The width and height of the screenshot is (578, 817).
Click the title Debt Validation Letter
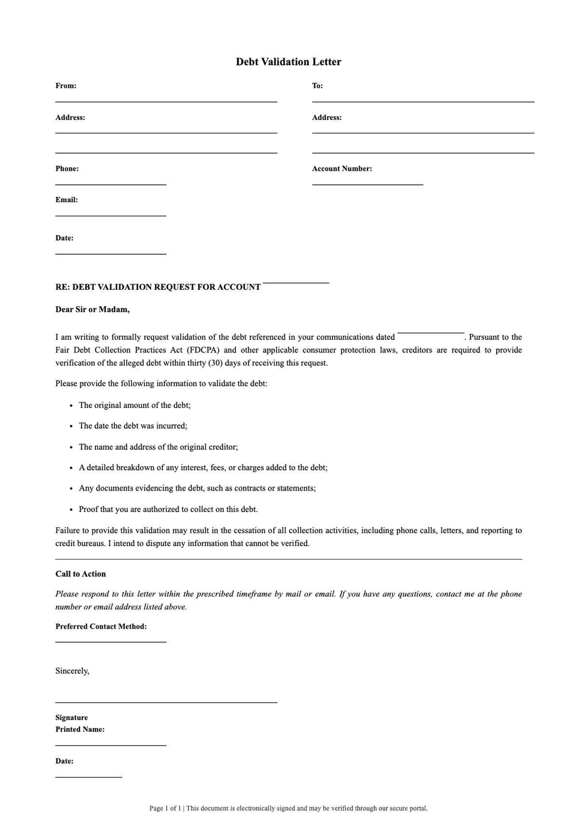(289, 62)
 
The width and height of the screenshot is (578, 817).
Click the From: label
(66, 86)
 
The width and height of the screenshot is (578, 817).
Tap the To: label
(317, 86)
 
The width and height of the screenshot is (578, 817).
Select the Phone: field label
(67, 169)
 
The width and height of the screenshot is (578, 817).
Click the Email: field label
(66, 200)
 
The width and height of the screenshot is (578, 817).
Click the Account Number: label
(342, 169)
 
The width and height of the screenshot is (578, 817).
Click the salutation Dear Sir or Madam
(92, 310)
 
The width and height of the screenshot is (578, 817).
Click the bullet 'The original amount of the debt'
(135, 405)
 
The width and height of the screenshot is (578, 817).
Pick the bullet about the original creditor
(158, 447)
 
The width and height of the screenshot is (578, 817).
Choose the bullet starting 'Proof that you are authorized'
(169, 509)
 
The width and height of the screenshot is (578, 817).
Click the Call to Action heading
(80, 574)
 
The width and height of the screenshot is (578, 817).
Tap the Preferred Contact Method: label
(101, 626)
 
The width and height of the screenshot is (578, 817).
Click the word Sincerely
(72, 671)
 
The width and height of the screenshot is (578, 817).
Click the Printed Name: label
(80, 729)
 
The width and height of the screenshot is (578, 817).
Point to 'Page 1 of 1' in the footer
(165, 808)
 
